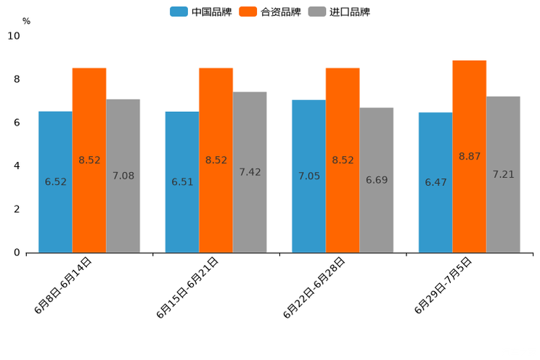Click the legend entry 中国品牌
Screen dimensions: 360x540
202,12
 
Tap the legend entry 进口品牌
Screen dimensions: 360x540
340,12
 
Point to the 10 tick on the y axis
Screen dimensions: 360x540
14,36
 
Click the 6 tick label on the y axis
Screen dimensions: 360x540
17,123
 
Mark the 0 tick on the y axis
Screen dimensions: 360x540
17,253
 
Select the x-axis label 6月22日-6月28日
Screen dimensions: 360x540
314,287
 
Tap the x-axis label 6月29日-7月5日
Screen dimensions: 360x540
443,286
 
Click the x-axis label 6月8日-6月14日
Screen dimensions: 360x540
62,286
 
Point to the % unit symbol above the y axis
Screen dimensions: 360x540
26,21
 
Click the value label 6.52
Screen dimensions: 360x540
56,182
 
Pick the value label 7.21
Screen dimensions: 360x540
503,175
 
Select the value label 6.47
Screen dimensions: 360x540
436,182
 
